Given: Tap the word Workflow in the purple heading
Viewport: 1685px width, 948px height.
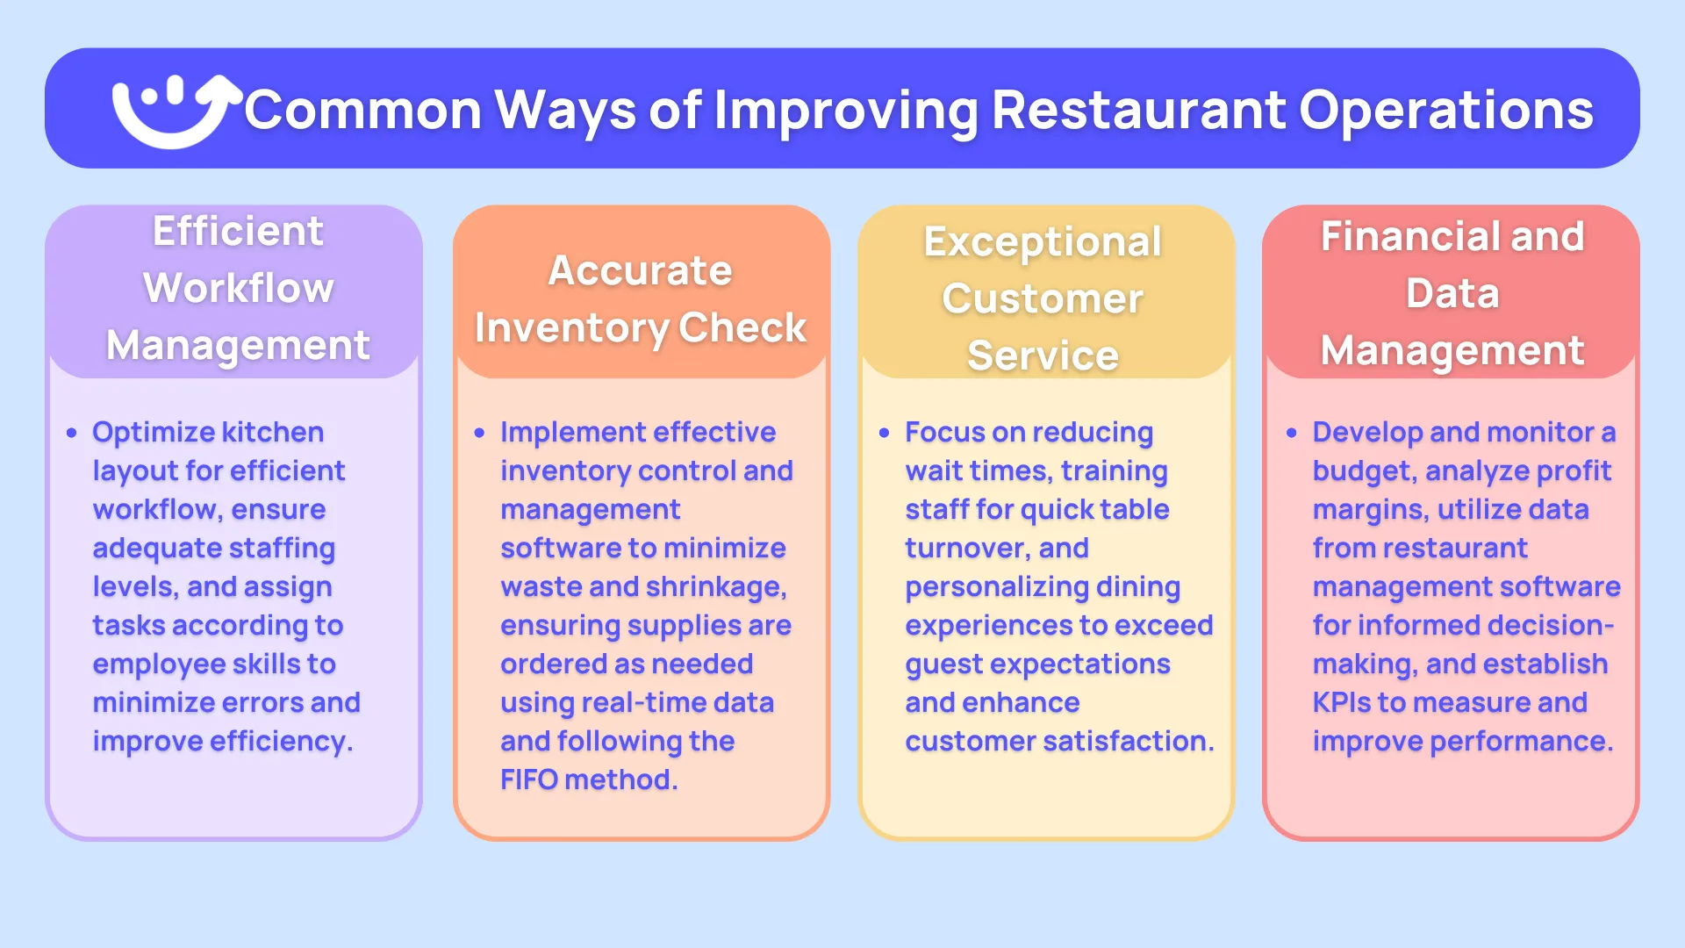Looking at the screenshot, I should coord(239,288).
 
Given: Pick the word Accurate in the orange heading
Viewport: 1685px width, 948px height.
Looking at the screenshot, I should coord(640,270).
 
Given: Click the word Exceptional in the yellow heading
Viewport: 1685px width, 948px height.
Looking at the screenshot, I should coord(1043,242).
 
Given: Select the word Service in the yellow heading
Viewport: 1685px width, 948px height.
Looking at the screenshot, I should coord(1043,355).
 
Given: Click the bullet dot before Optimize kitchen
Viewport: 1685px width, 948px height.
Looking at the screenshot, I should coord(72,433).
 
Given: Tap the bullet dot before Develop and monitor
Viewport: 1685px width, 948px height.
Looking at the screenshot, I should coord(1291,433).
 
